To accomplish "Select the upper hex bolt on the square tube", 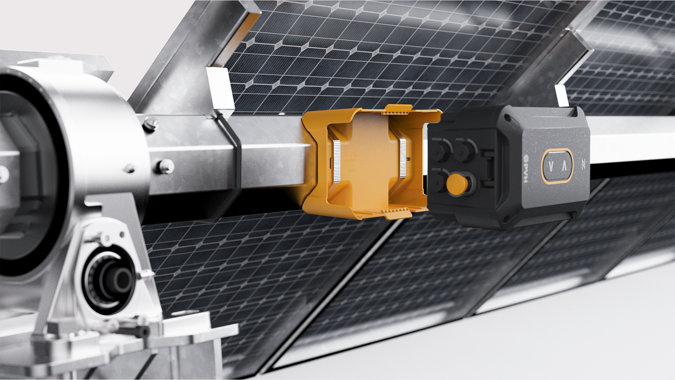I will point(152,123).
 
